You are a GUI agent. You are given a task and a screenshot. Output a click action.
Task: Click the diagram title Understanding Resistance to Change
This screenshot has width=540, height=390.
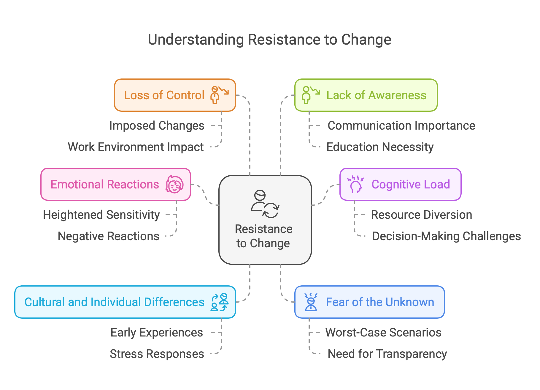tap(269, 40)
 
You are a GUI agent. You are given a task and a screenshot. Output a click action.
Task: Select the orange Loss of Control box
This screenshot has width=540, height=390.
tap(175, 95)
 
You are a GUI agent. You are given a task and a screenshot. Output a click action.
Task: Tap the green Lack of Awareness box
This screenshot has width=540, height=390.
tap(366, 95)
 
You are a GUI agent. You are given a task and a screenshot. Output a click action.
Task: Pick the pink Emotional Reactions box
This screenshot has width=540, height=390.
tap(116, 184)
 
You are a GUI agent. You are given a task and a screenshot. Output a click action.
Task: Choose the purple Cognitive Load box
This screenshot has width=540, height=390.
tap(400, 184)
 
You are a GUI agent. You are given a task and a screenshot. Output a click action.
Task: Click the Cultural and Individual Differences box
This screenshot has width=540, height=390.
tap(125, 302)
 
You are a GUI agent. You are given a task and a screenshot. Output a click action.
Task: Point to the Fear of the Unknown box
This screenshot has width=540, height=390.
tap(369, 302)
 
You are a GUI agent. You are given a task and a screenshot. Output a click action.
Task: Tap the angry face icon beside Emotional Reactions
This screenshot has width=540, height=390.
tap(174, 184)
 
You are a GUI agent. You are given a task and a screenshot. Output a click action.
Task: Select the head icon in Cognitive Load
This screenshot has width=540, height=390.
tap(355, 184)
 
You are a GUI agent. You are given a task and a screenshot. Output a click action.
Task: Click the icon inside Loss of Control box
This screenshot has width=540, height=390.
tap(219, 95)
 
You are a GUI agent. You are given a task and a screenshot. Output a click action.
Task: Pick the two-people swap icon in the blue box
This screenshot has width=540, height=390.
tap(220, 302)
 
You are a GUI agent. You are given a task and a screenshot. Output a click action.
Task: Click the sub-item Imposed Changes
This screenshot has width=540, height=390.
tap(157, 126)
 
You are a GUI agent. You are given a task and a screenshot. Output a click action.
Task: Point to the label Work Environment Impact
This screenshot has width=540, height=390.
tap(136, 147)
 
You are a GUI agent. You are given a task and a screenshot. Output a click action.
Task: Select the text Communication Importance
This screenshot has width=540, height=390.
tap(401, 126)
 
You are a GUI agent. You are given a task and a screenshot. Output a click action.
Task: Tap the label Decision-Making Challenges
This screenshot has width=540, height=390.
tap(446, 236)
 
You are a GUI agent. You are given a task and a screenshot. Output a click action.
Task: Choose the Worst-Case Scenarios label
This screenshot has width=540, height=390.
tap(383, 333)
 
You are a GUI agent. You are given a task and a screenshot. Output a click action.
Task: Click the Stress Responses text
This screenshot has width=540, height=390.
tap(157, 354)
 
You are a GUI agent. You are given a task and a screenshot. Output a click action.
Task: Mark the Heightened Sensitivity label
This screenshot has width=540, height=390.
tap(101, 215)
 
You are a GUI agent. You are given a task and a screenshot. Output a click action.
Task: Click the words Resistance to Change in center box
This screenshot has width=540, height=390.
tap(263, 236)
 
